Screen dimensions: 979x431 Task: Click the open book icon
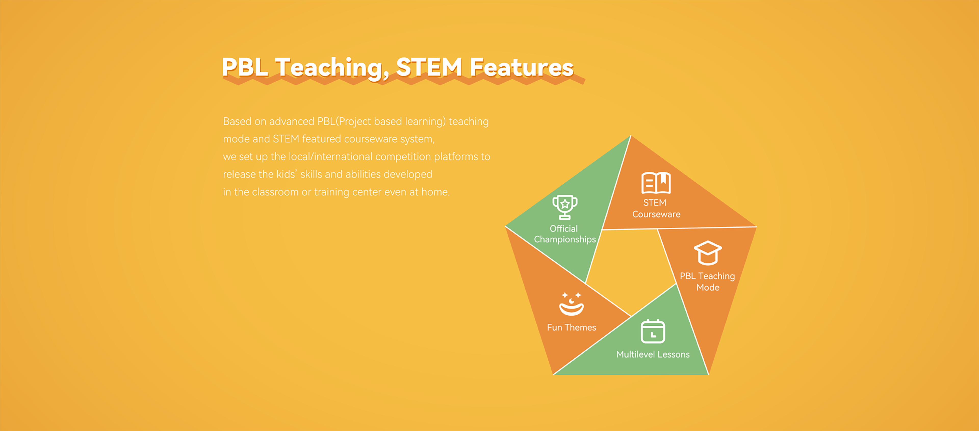pyautogui.click(x=656, y=183)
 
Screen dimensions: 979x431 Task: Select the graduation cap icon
pyautogui.click(x=708, y=253)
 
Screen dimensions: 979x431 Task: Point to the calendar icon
pyautogui.click(x=653, y=331)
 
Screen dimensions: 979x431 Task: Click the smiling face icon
pyautogui.click(x=571, y=304)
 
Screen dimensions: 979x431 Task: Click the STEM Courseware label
pyautogui.click(x=656, y=208)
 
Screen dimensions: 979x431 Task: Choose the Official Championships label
pyautogui.click(x=565, y=234)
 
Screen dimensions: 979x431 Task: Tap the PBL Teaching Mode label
pyautogui.click(x=708, y=282)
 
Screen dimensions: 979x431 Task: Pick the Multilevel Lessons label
pyautogui.click(x=653, y=354)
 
